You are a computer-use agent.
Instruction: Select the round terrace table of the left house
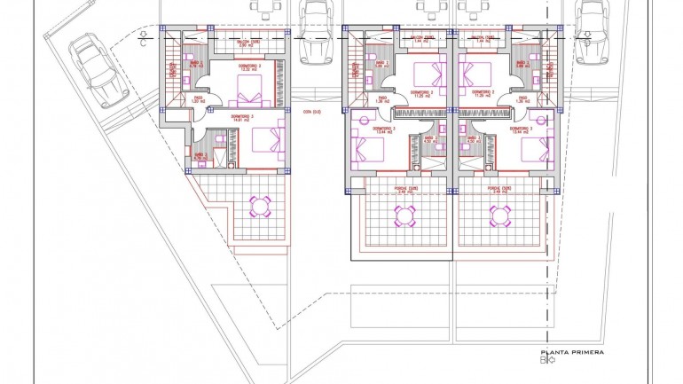261,207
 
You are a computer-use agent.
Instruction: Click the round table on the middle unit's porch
404,216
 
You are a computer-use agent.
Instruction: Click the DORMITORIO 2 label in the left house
248,67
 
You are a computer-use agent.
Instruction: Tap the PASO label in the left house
199,99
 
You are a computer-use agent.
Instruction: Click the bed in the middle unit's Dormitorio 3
367,145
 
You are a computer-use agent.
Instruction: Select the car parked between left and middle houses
315,34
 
